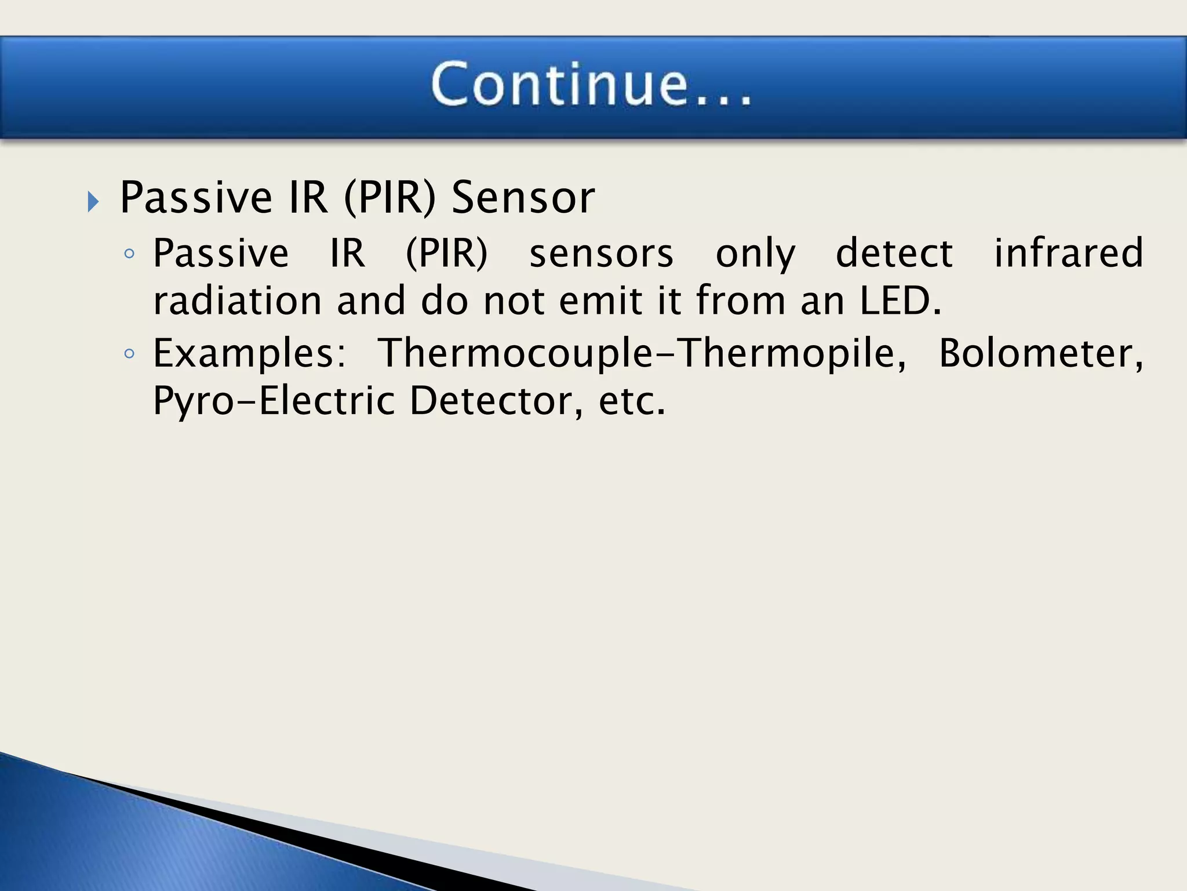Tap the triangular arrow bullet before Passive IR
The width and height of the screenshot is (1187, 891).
click(x=93, y=202)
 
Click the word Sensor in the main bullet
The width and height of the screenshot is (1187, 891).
click(x=523, y=198)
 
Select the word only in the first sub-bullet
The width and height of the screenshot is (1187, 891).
click(x=755, y=253)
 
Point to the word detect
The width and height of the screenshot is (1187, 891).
click(x=894, y=253)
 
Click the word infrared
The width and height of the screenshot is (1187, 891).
click(x=1069, y=253)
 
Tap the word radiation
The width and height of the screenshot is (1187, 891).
click(x=237, y=301)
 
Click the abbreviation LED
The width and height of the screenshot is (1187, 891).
click(x=900, y=301)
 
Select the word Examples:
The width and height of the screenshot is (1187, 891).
click(x=250, y=353)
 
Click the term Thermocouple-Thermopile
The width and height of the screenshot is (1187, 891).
click(x=642, y=353)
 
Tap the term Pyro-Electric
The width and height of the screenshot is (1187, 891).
click(x=274, y=401)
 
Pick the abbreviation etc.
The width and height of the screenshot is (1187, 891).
click(x=632, y=401)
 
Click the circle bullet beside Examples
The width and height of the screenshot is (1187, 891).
click(x=129, y=353)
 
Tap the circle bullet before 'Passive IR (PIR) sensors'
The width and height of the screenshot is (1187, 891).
click(x=129, y=253)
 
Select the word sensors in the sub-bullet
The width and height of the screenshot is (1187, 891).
click(x=601, y=253)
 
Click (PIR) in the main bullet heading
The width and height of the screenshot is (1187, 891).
click(x=389, y=198)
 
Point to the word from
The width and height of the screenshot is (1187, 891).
click(x=740, y=301)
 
